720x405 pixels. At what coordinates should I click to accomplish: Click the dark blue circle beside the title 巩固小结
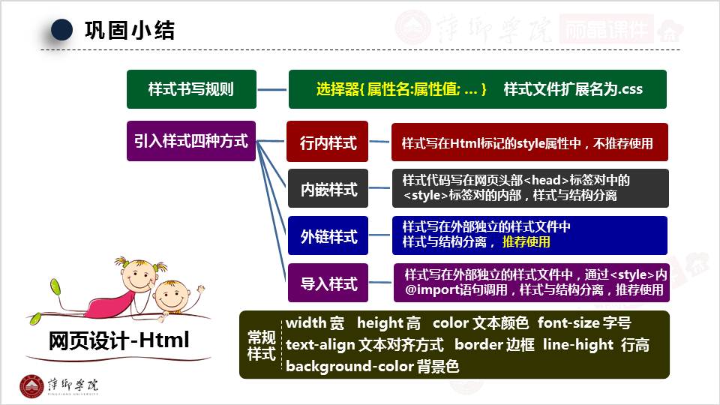pyautogui.click(x=61, y=30)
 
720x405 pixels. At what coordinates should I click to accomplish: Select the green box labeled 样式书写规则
pyautogui.click(x=191, y=89)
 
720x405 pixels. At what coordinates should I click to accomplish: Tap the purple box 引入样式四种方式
pyautogui.click(x=191, y=140)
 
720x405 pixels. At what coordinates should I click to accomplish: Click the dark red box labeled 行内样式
pyautogui.click(x=328, y=142)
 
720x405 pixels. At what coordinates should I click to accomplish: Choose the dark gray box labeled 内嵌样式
pyautogui.click(x=328, y=189)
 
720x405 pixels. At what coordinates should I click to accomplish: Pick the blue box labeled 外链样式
pyautogui.click(x=328, y=236)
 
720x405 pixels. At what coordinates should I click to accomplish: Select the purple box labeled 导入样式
pyautogui.click(x=328, y=283)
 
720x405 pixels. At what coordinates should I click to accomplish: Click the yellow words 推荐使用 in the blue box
pyautogui.click(x=526, y=242)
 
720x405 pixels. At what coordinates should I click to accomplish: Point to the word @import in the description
pyautogui.click(x=430, y=290)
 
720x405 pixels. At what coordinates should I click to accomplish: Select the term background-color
pyautogui.click(x=349, y=366)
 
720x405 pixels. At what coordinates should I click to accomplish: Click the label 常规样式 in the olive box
pyautogui.click(x=262, y=345)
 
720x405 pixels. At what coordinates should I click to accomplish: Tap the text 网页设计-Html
pyautogui.click(x=118, y=341)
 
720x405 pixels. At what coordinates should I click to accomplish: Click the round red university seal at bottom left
pyautogui.click(x=31, y=385)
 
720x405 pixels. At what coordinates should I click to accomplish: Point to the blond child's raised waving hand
pyautogui.click(x=199, y=288)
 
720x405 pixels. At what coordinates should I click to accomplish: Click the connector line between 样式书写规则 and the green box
pyautogui.click(x=272, y=89)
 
